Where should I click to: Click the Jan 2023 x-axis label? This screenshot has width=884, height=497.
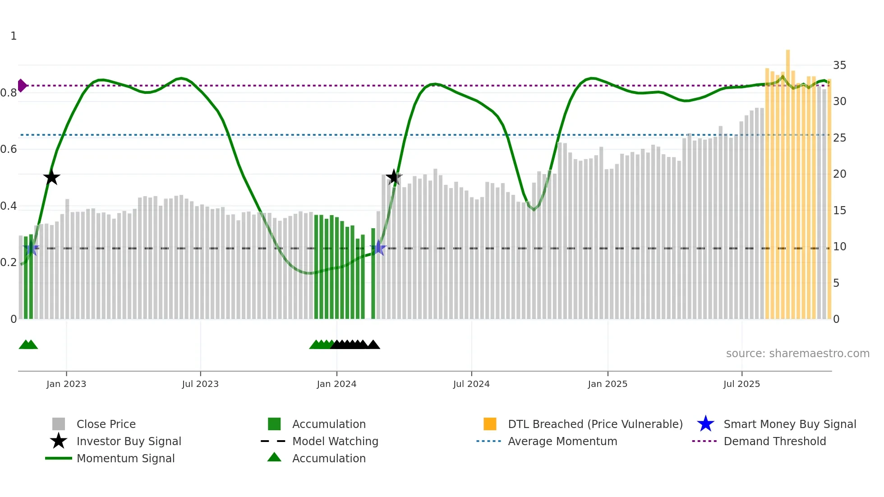(66, 384)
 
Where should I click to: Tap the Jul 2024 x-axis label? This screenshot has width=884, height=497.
(471, 384)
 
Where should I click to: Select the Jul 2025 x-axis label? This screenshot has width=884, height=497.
(741, 384)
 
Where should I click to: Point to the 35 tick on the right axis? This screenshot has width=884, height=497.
(839, 65)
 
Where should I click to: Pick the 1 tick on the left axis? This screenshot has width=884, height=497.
(14, 36)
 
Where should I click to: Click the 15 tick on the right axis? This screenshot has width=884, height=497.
(839, 211)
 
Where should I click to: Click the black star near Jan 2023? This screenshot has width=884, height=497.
(52, 177)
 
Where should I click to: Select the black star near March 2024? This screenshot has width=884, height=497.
(394, 177)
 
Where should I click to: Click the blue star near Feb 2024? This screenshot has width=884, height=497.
(378, 248)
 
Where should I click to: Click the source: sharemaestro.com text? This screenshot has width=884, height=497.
(797, 354)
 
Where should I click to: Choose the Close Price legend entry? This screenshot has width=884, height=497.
(106, 424)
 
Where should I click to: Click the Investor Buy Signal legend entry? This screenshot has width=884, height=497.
(129, 441)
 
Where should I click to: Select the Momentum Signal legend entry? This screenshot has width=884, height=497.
(125, 458)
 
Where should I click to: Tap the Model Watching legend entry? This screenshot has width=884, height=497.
(335, 441)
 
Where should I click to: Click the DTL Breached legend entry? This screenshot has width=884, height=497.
(595, 424)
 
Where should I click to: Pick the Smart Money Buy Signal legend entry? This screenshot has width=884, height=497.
(789, 424)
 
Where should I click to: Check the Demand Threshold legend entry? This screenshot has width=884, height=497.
(774, 441)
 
